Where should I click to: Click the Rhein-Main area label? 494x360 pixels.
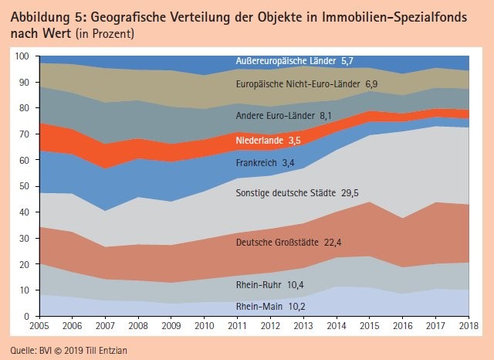(x=259, y=306)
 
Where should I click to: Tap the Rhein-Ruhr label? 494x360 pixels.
(x=259, y=284)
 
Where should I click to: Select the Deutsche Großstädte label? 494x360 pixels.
(x=277, y=242)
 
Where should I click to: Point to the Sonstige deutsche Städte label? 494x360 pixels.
(x=286, y=192)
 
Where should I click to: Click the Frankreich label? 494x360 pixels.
(x=256, y=163)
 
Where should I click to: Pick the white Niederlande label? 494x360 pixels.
(x=259, y=141)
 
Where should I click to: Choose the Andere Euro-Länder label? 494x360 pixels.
(x=275, y=116)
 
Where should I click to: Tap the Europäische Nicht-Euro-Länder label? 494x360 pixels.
(x=298, y=84)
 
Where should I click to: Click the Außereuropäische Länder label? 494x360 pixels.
(x=286, y=60)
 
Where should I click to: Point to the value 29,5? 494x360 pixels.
(x=350, y=193)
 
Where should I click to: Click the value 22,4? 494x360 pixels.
(x=333, y=243)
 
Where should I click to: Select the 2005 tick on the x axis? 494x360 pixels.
(x=39, y=326)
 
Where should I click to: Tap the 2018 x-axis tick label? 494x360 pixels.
(x=469, y=326)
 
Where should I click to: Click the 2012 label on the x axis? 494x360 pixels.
(x=270, y=326)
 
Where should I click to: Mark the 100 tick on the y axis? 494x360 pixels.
(x=22, y=56)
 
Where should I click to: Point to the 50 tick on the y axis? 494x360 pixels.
(x=24, y=186)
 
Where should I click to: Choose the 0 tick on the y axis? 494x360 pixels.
(x=26, y=316)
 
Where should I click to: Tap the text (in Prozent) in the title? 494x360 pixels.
(x=105, y=33)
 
